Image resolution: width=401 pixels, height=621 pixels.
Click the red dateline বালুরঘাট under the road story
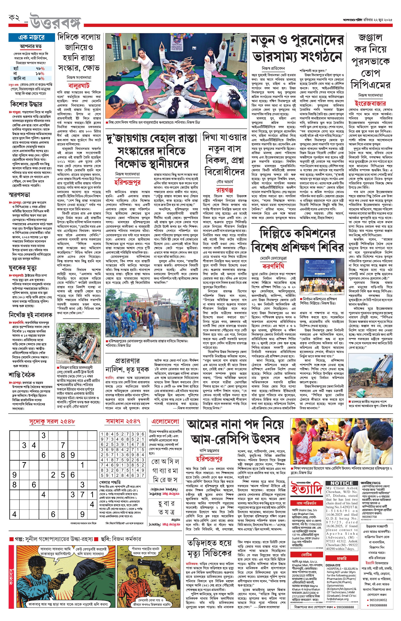point(79,86)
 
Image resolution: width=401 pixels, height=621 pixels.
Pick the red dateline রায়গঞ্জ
point(225,190)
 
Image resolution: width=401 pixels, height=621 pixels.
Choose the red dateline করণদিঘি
point(273,266)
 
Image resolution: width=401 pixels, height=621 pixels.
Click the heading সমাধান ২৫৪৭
point(123,421)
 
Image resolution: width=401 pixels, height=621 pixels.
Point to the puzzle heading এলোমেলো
point(165,422)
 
